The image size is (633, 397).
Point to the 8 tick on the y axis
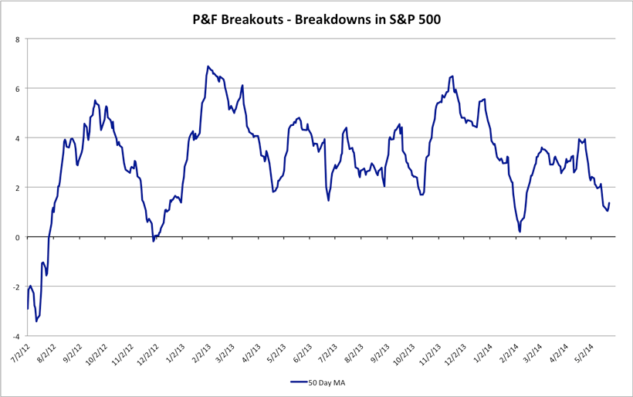(x=18, y=39)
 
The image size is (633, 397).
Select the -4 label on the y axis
(x=16, y=336)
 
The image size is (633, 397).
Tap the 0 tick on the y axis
(x=18, y=237)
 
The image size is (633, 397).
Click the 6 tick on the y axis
(x=18, y=88)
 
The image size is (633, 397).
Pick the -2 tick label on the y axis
(x=16, y=287)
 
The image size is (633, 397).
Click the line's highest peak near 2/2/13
(x=208, y=66)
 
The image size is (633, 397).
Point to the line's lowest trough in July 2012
(x=36, y=321)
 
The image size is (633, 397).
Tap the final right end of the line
(x=609, y=203)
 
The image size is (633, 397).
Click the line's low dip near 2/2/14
(x=520, y=231)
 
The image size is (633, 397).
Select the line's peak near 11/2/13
(x=452, y=76)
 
